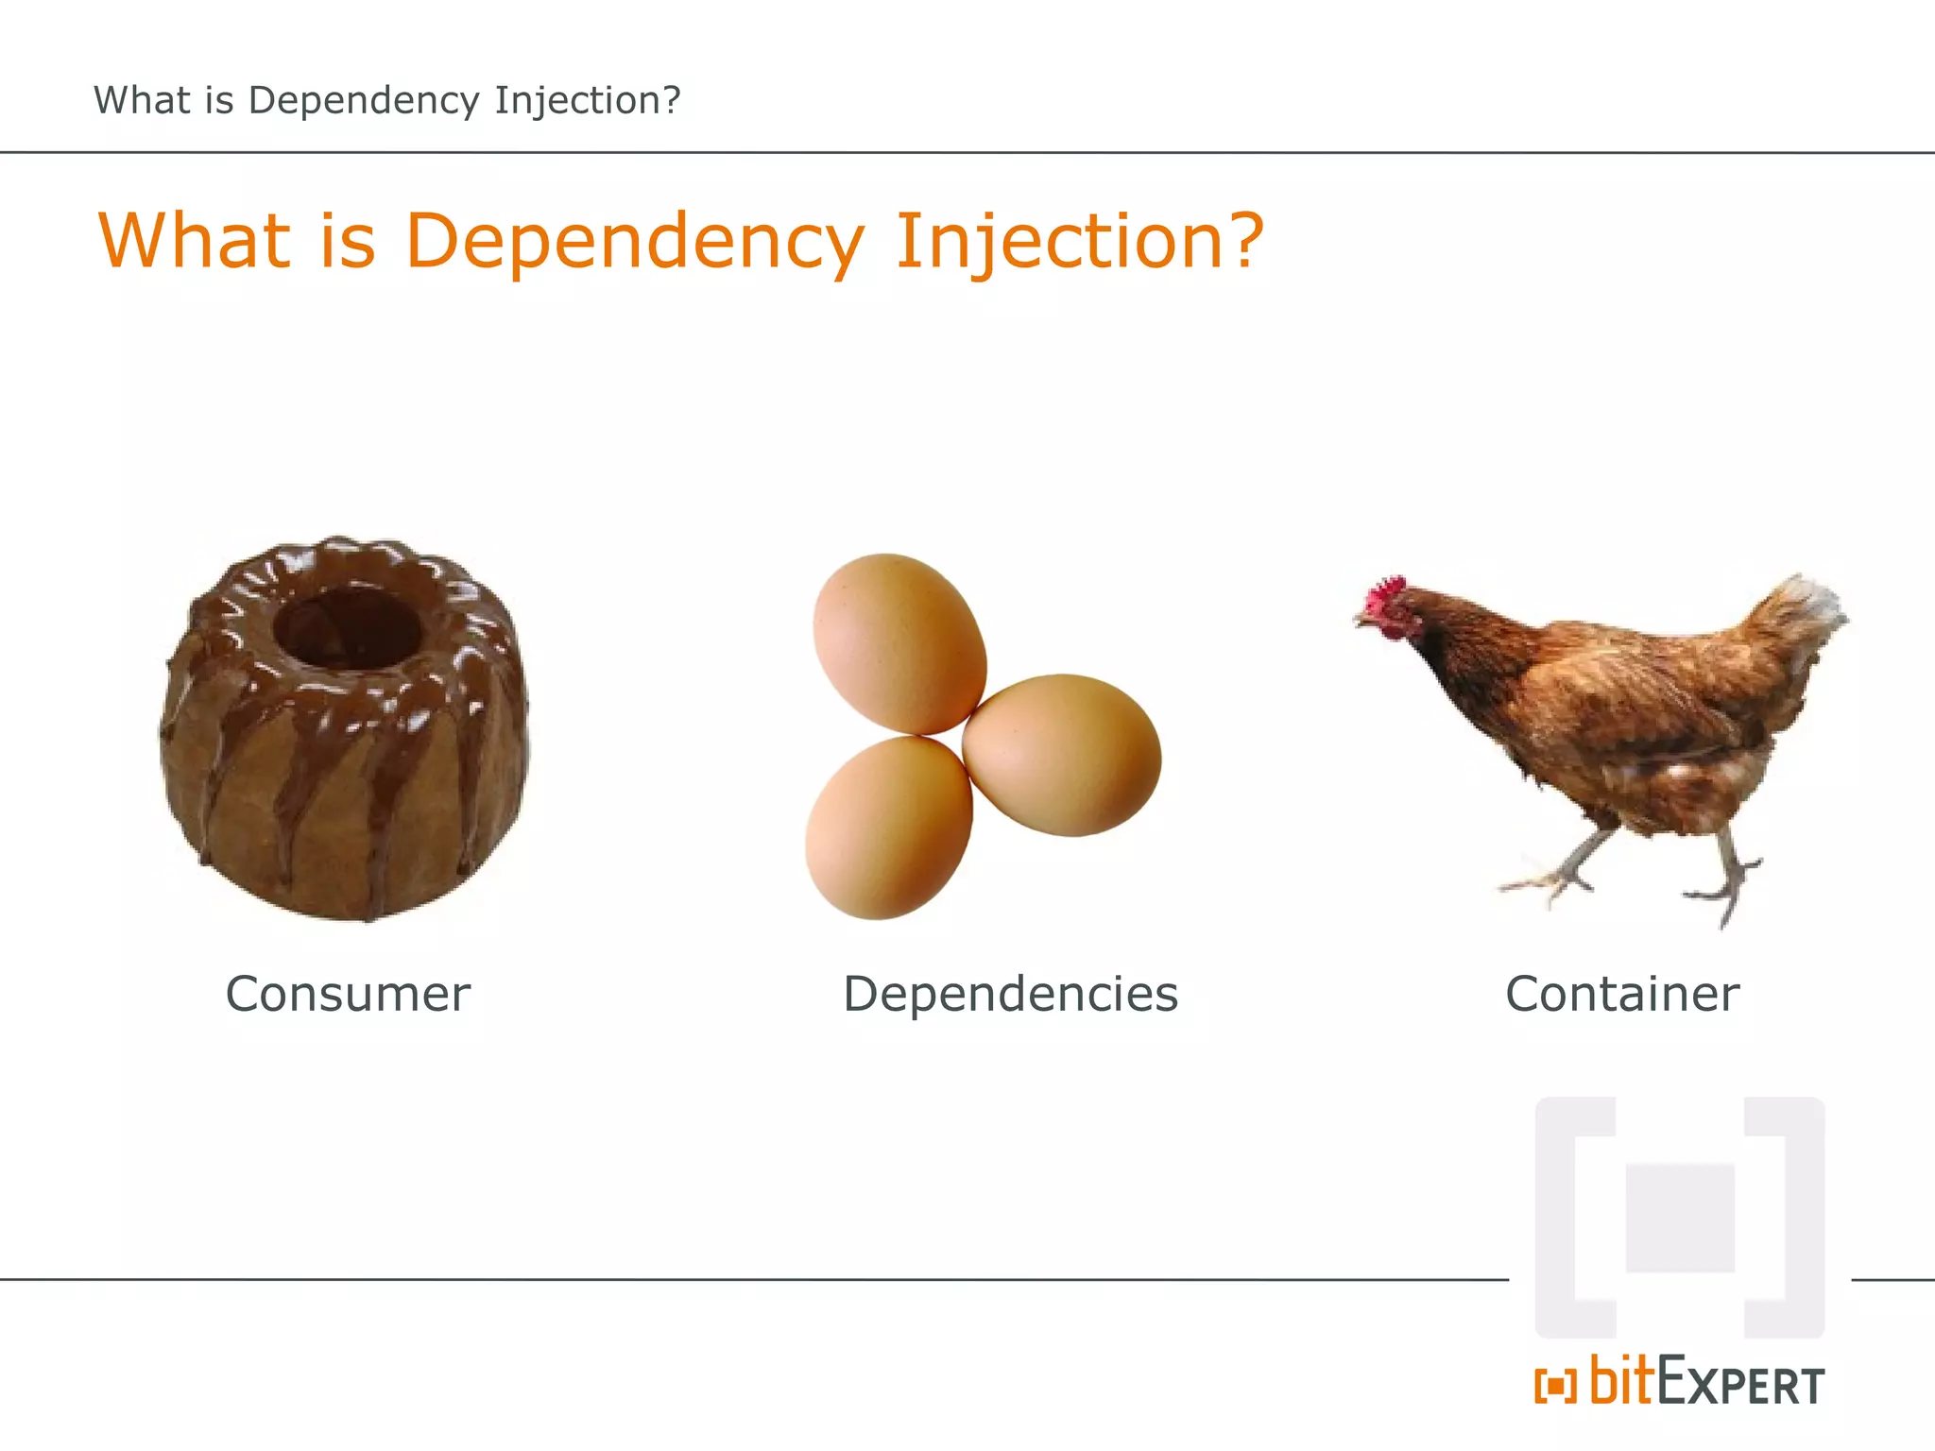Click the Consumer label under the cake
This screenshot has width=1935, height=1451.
348,994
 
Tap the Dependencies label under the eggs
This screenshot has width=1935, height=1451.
1010,994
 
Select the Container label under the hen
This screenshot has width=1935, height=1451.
1622,994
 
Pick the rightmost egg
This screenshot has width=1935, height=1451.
1062,755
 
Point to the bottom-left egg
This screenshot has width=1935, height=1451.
888,828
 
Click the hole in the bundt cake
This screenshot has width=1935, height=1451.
347,626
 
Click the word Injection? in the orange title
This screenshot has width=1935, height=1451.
1079,241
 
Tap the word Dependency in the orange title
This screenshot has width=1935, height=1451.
634,241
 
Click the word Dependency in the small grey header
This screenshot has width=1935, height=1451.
364,100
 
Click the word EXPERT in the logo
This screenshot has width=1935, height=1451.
1740,1385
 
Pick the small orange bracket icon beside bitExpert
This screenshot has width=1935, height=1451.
1555,1386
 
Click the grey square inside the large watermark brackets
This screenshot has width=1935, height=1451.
1680,1219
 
